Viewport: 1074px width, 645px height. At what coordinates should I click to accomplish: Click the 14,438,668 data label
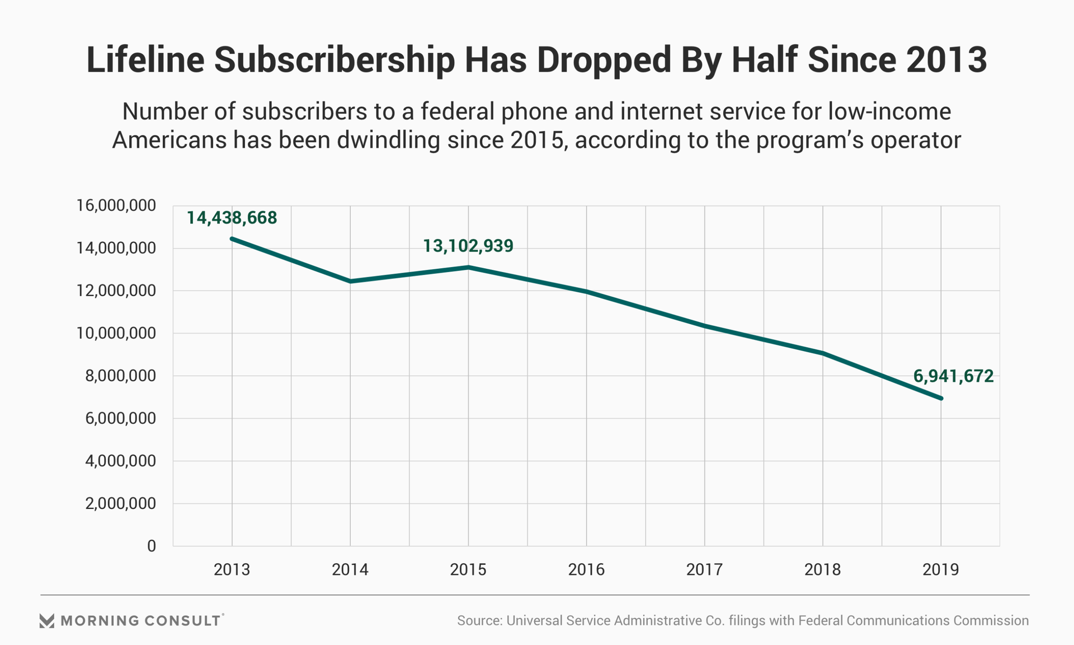(x=232, y=218)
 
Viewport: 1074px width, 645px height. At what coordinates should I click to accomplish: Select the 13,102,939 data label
(x=468, y=246)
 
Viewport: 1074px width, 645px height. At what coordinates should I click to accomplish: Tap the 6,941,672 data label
(x=953, y=376)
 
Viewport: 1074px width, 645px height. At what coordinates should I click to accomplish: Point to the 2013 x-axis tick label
(x=232, y=570)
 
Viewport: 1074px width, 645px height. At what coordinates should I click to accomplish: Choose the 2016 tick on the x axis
(x=586, y=570)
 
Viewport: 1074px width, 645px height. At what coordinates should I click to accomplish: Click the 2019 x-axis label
(x=940, y=570)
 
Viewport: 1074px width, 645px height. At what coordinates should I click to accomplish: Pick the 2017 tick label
(x=704, y=570)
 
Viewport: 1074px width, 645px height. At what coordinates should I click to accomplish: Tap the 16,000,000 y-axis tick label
(x=116, y=205)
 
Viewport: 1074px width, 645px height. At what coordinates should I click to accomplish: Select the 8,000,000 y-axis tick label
(x=120, y=376)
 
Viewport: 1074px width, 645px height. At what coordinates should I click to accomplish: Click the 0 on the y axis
(x=152, y=546)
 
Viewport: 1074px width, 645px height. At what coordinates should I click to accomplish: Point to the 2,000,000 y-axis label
(x=120, y=503)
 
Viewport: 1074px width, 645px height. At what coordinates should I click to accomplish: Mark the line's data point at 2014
(x=350, y=281)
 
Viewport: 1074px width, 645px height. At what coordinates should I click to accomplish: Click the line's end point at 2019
(x=941, y=398)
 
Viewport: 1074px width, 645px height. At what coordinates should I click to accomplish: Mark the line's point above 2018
(x=822, y=353)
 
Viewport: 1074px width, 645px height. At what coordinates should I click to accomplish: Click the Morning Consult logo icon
(x=47, y=620)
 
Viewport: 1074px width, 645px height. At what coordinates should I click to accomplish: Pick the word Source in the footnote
(x=479, y=620)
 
